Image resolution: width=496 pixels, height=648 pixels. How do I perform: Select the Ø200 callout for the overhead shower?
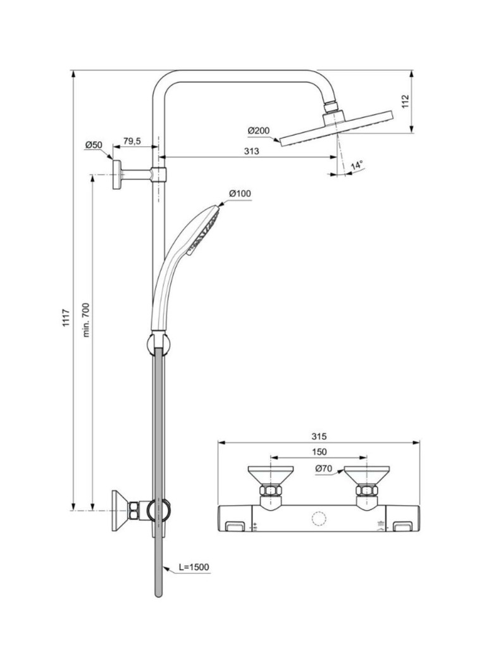coord(259,130)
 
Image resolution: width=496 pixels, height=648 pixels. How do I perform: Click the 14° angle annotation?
coord(357,166)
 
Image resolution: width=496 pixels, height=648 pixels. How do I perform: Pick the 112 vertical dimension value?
coord(406,102)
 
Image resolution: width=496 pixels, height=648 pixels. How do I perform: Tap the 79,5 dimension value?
coord(132,142)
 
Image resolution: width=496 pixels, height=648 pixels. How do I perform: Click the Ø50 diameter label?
coord(94,146)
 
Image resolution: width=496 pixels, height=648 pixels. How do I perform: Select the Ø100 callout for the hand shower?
coord(240,193)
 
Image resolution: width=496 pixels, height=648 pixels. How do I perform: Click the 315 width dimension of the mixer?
coord(319,437)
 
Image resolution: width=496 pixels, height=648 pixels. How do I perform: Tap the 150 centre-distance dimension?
coord(319,452)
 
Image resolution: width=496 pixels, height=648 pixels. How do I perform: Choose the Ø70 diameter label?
coord(324,469)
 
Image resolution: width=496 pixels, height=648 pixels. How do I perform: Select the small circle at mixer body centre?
coord(318,520)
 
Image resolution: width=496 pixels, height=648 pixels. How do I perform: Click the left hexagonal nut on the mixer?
coord(270,492)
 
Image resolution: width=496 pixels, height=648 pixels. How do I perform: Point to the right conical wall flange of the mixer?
coord(366,475)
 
